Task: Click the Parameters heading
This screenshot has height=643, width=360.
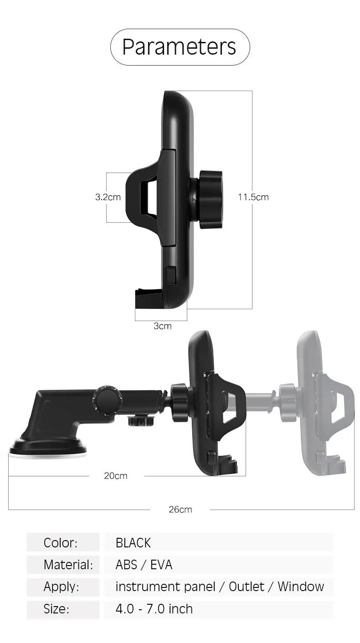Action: (179, 47)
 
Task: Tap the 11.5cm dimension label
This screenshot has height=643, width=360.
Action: (253, 197)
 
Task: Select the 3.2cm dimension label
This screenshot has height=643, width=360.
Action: (108, 197)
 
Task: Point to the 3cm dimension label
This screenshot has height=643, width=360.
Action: (163, 326)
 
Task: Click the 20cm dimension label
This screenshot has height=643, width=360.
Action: (115, 476)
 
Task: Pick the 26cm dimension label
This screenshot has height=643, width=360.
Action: (180, 510)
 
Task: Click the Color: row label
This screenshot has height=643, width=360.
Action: (60, 543)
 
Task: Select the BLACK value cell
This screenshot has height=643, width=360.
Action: (133, 543)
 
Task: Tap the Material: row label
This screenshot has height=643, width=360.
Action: (68, 565)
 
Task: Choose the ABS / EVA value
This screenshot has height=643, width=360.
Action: (144, 565)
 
